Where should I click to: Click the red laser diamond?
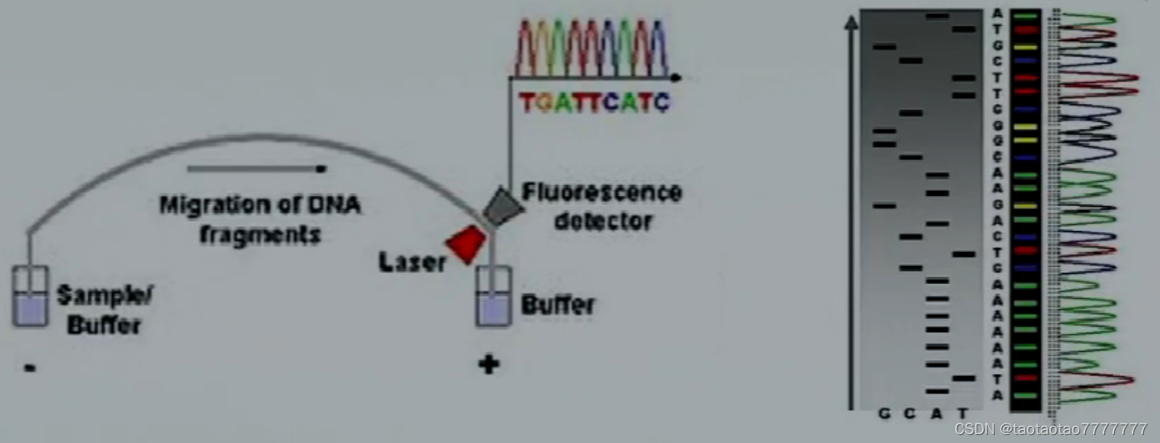pyautogui.click(x=467, y=244)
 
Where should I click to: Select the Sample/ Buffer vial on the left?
pyautogui.click(x=30, y=298)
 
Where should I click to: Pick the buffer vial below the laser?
pyautogui.click(x=493, y=298)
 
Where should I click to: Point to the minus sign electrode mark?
pyautogui.click(x=30, y=367)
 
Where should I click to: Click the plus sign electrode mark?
pyautogui.click(x=488, y=364)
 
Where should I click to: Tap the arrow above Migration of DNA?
pyautogui.click(x=256, y=169)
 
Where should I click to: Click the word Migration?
pyautogui.click(x=213, y=205)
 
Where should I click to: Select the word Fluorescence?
pyautogui.click(x=601, y=193)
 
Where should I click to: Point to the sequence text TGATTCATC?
pyautogui.click(x=594, y=103)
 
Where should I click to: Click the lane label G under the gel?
pyautogui.click(x=884, y=413)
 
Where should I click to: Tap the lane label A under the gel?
pyautogui.click(x=936, y=413)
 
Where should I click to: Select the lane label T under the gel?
pyautogui.click(x=962, y=413)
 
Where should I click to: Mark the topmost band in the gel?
pyautogui.click(x=937, y=15)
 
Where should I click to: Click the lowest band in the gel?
pyautogui.click(x=937, y=391)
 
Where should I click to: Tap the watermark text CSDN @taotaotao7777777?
pyautogui.click(x=1050, y=429)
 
